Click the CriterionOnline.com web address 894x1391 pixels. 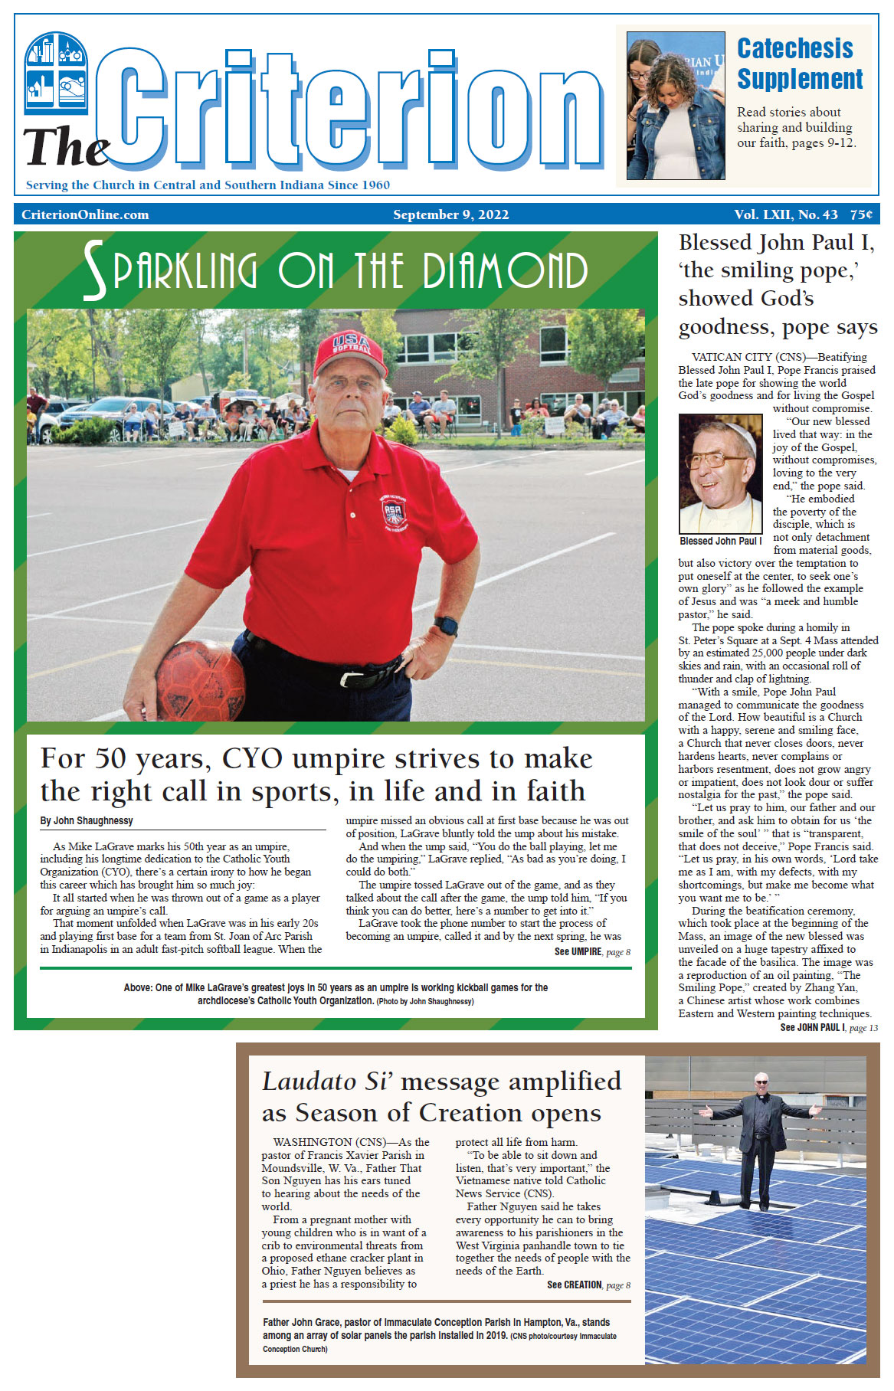pos(85,214)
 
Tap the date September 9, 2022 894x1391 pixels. pos(450,214)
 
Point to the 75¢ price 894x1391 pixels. pos(860,214)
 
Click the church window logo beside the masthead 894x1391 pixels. pos(56,74)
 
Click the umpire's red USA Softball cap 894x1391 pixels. pos(351,352)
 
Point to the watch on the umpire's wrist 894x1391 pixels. pos(445,625)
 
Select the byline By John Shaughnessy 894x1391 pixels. pos(87,820)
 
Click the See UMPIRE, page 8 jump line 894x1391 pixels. pos(592,951)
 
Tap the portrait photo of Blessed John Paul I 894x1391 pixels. pos(720,473)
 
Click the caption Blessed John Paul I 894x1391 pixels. pos(720,541)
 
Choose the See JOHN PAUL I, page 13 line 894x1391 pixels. pos(828,1027)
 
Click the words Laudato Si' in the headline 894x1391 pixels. pos(327,1081)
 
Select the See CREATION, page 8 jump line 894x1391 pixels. pos(588,1285)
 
